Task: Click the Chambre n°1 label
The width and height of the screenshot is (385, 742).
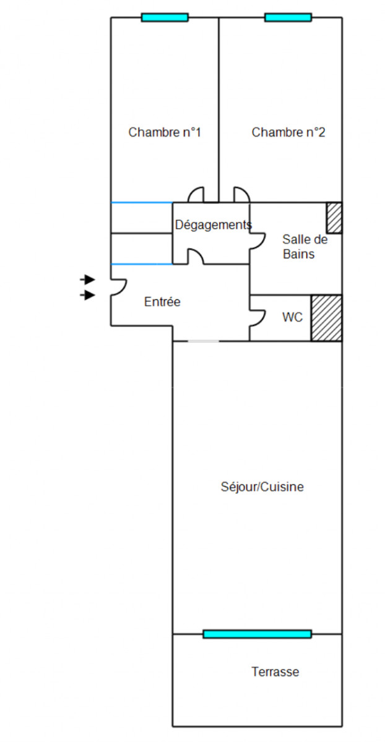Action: coord(165,132)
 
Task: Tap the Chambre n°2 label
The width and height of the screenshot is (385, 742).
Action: coord(288,132)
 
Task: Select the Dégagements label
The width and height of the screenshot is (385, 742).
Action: coord(213,225)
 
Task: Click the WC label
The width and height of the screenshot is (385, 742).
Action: coord(292,317)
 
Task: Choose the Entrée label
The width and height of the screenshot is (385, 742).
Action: coord(162,302)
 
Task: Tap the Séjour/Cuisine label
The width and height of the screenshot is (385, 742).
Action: coord(262,487)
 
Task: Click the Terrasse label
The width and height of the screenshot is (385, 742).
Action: coord(275,672)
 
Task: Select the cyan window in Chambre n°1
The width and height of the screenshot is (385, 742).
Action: coord(165,17)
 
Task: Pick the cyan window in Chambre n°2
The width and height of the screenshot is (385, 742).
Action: coord(288,17)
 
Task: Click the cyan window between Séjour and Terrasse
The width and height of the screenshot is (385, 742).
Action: coord(257,634)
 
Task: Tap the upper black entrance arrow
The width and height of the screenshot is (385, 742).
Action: coord(88,279)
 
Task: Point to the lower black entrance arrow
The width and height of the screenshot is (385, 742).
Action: coord(88,296)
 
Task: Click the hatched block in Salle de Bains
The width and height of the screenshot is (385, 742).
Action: coord(334,218)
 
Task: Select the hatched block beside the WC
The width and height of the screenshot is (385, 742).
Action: coord(326,317)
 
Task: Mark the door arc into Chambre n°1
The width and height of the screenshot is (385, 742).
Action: coord(196,195)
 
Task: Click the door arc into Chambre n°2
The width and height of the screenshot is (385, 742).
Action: coord(241,195)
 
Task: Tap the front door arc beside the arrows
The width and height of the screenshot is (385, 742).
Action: coord(119,287)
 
